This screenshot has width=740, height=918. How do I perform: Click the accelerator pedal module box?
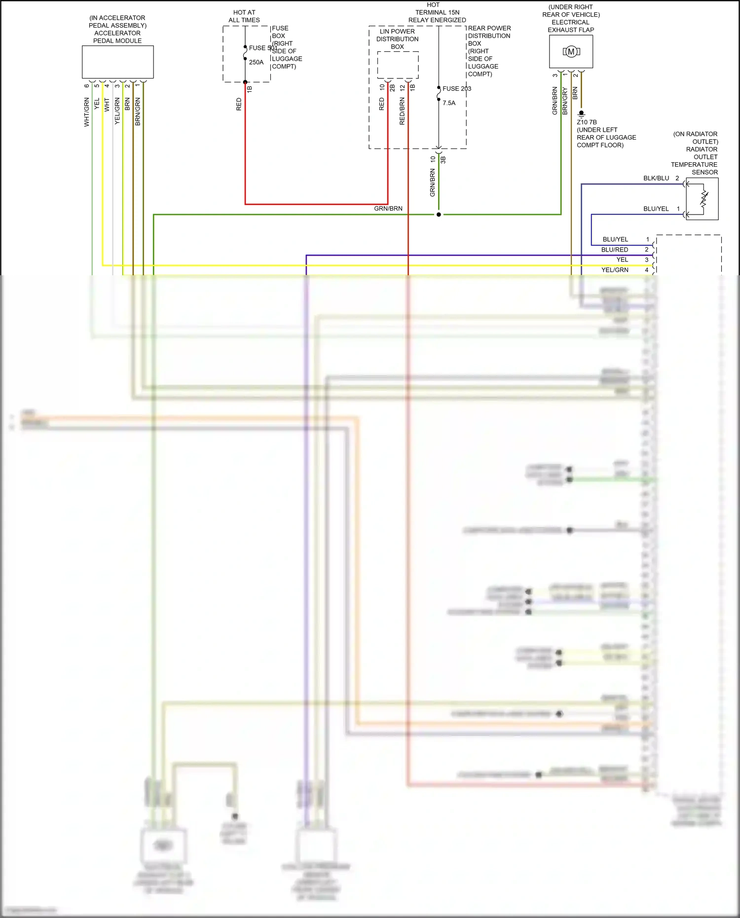coord(117,62)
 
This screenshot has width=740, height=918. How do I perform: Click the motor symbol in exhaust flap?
coord(571,52)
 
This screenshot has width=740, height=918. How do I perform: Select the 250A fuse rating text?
coord(256,62)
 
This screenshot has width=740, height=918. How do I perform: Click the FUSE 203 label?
coord(456,88)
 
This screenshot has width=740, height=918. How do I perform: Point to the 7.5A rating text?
coord(449,103)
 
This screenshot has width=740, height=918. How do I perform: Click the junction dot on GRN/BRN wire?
coord(439,215)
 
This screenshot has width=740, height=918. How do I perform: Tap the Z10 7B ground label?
coord(587,122)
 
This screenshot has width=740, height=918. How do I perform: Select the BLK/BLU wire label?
coord(656,178)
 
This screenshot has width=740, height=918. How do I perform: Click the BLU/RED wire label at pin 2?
coord(614,250)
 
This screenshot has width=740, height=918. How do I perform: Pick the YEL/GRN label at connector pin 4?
coord(614,270)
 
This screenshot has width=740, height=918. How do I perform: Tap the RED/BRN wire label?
coord(402,110)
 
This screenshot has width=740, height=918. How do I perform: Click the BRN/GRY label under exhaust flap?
coord(565,101)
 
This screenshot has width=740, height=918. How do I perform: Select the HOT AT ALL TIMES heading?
coord(244,16)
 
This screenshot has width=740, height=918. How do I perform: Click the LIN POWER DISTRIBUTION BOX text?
coord(397,39)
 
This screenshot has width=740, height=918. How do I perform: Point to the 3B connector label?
coord(443,160)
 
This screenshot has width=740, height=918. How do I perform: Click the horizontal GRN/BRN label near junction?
coord(388,209)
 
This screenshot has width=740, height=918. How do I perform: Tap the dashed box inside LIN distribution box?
coord(398,65)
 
